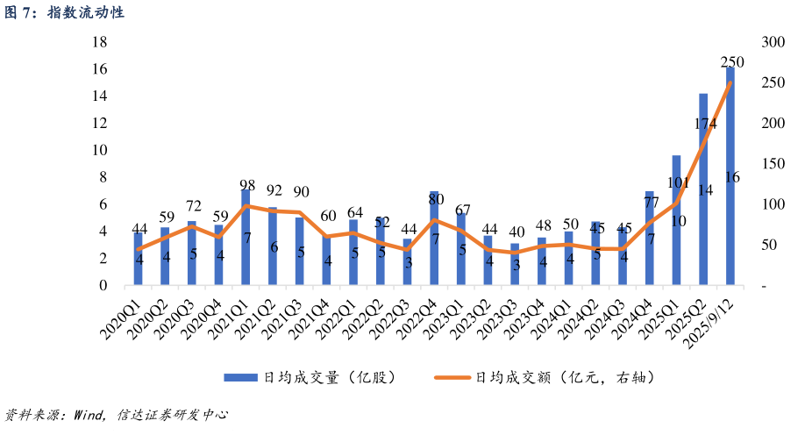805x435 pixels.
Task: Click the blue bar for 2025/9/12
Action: pos(730,175)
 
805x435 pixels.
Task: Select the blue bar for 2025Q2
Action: pos(703,189)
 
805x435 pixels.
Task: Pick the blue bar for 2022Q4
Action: pos(434,238)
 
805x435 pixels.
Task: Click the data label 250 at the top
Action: pos(732,62)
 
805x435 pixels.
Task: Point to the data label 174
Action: pos(706,124)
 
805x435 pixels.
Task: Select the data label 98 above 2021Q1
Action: pos(247,185)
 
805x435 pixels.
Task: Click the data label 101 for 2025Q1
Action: pos(678,182)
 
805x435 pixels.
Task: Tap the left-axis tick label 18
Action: pos(100,42)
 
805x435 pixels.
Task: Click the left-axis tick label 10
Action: pos(100,150)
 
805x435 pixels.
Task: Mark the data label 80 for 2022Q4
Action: pos(436,198)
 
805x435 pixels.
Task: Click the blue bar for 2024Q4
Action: pos(650,238)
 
